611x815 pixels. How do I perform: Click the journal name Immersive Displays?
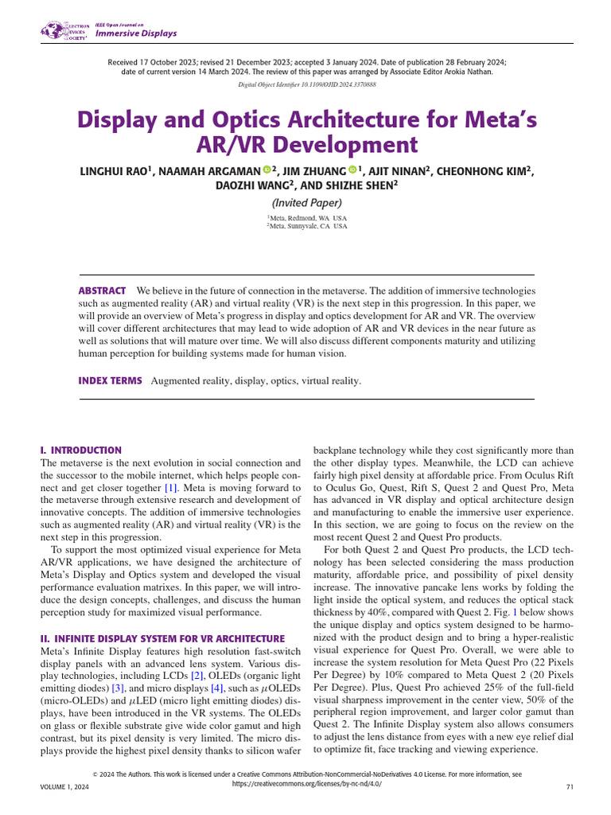[136, 33]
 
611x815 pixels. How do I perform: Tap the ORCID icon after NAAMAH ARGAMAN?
[267, 170]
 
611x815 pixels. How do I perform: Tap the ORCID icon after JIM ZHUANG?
[352, 170]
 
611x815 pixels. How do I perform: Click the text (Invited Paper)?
[306, 203]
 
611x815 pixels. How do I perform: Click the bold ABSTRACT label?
[102, 291]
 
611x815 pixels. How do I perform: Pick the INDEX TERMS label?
[110, 381]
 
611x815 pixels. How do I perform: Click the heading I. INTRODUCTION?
[80, 450]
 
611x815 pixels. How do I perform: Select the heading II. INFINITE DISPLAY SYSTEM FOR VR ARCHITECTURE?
[162, 638]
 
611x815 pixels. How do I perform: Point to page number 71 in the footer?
[569, 786]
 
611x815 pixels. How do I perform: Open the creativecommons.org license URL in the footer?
[305, 784]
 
